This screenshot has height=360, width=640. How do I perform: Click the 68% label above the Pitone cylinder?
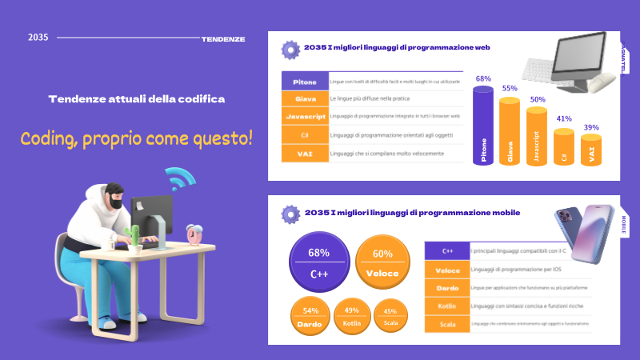point(483,79)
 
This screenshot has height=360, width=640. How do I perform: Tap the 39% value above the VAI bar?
point(591,127)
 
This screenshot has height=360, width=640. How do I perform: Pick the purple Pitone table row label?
point(305,82)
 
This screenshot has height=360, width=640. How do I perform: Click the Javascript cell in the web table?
point(305,117)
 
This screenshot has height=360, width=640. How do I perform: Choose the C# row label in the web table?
point(305,134)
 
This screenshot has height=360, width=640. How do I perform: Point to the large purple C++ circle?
point(318,263)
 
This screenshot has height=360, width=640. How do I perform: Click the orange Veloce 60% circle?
point(382,263)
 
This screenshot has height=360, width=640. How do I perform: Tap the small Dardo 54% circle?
point(311,316)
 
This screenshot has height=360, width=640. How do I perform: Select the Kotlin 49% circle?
point(351,316)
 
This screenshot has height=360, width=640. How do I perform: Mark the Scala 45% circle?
point(390,316)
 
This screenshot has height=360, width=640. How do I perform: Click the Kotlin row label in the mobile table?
point(446,306)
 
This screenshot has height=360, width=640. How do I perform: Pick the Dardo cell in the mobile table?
point(446,287)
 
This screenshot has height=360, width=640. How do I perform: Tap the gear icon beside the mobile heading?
point(290,214)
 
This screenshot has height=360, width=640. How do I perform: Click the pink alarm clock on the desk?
point(194,234)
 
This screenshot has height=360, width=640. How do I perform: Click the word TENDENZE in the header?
point(223,38)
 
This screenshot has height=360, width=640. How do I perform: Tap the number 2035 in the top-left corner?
point(38,38)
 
